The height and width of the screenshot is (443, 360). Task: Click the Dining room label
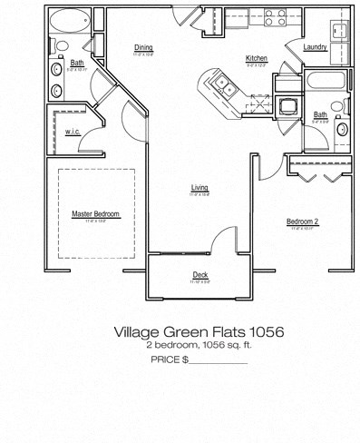point(143,47)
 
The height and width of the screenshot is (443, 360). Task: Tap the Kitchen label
point(256,59)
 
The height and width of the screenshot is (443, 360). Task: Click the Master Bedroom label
point(95,214)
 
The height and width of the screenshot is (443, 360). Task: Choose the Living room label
point(199,188)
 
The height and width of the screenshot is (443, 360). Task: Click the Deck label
point(199,275)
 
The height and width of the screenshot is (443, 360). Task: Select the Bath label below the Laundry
point(320,114)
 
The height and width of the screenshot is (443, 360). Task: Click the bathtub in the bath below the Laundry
point(323,80)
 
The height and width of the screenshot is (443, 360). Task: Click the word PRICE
point(165,360)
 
